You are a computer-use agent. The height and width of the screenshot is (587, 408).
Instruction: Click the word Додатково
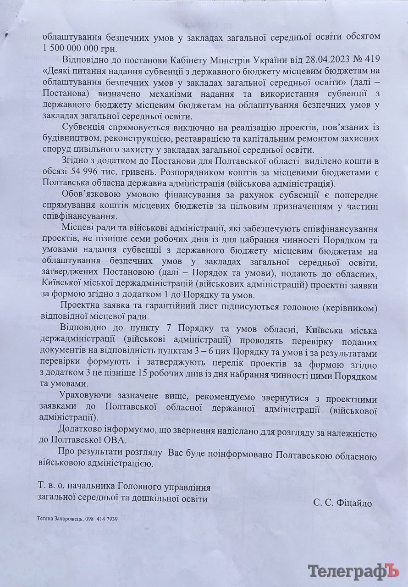82,429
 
